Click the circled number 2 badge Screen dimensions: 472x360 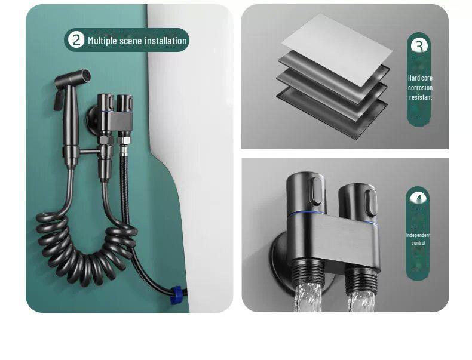tap(76, 40)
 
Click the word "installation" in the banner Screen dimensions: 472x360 tap(166, 41)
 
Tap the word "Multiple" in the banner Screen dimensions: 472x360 tap(102, 41)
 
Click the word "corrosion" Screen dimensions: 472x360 tap(420, 88)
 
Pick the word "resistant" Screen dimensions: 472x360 tap(420, 97)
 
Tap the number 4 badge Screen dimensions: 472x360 tap(418, 198)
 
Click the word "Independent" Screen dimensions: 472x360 tap(418, 235)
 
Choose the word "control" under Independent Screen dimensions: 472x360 tap(418, 243)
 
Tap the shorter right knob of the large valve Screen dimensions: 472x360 tap(358, 203)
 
